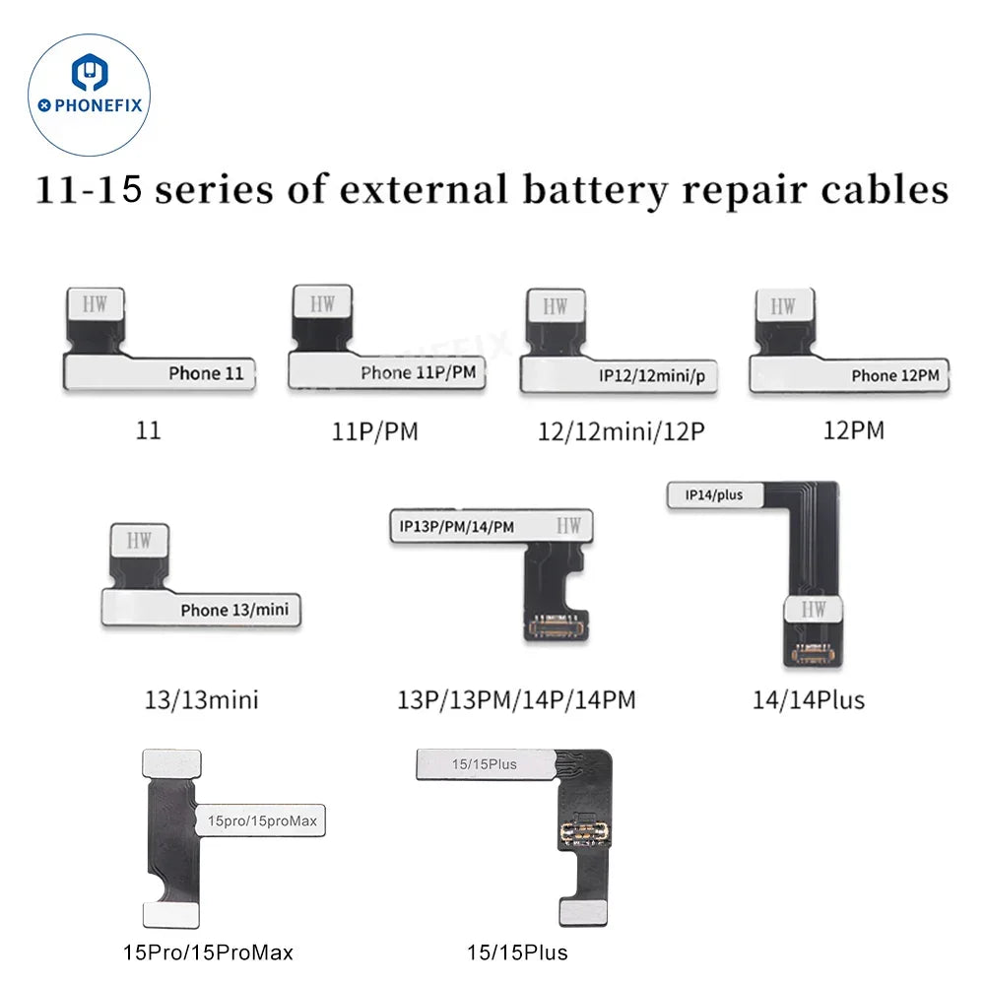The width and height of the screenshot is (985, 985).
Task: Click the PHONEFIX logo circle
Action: point(91,91)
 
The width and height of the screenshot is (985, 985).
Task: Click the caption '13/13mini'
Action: point(201,701)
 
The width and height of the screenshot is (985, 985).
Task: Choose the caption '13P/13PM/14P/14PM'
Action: point(516,700)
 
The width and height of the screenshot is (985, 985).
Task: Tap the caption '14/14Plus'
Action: point(808,700)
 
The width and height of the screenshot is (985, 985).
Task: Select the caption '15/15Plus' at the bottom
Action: point(517,952)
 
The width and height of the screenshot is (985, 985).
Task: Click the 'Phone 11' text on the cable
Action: point(206,373)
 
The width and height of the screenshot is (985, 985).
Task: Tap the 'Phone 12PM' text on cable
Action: point(894,375)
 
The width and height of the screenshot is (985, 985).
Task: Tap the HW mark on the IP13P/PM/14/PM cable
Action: point(568,526)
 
